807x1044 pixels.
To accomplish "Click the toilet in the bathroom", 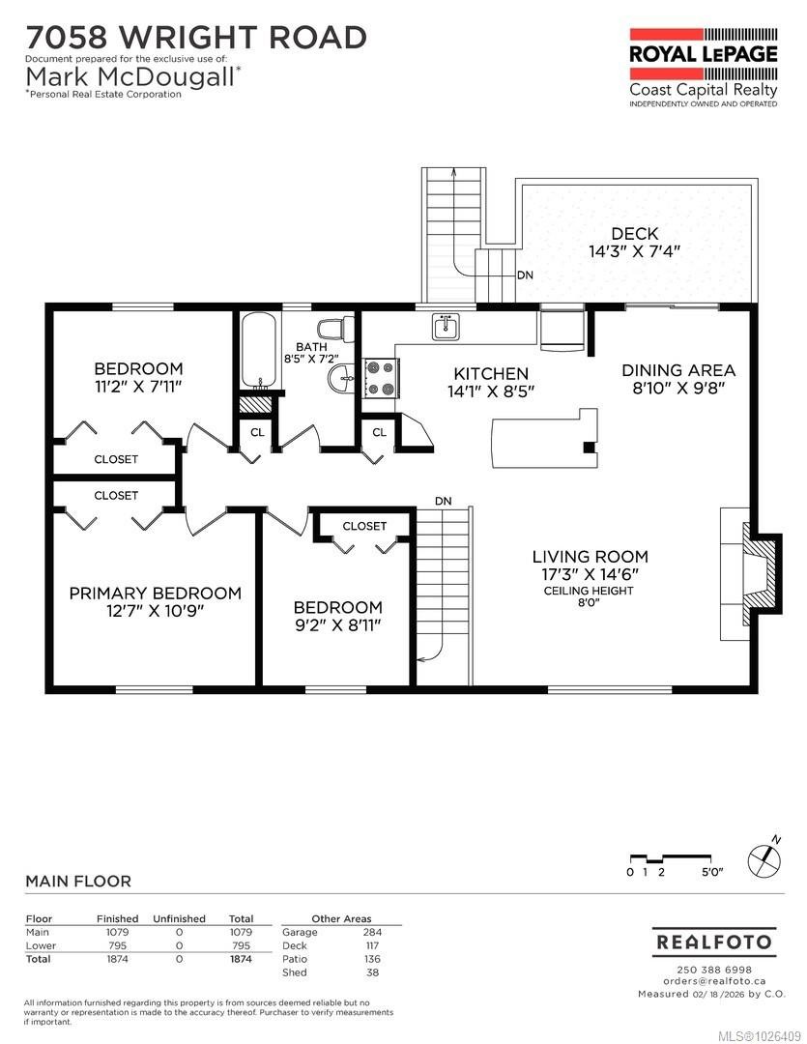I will coord(332,330).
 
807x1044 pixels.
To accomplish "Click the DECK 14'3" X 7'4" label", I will coord(635,242).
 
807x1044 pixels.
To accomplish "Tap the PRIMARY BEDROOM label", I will coord(155,601).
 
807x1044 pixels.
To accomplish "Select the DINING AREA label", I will coord(677,378).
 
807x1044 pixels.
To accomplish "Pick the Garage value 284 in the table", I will coord(372,932).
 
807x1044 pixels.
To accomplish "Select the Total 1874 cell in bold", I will coord(241,959).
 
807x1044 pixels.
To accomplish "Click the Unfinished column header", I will coord(179,918).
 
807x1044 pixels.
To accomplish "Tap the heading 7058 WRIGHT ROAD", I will coord(196,38).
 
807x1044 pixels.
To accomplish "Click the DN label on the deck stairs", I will coord(525,275).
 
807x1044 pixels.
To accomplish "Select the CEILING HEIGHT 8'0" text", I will coord(590,597).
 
